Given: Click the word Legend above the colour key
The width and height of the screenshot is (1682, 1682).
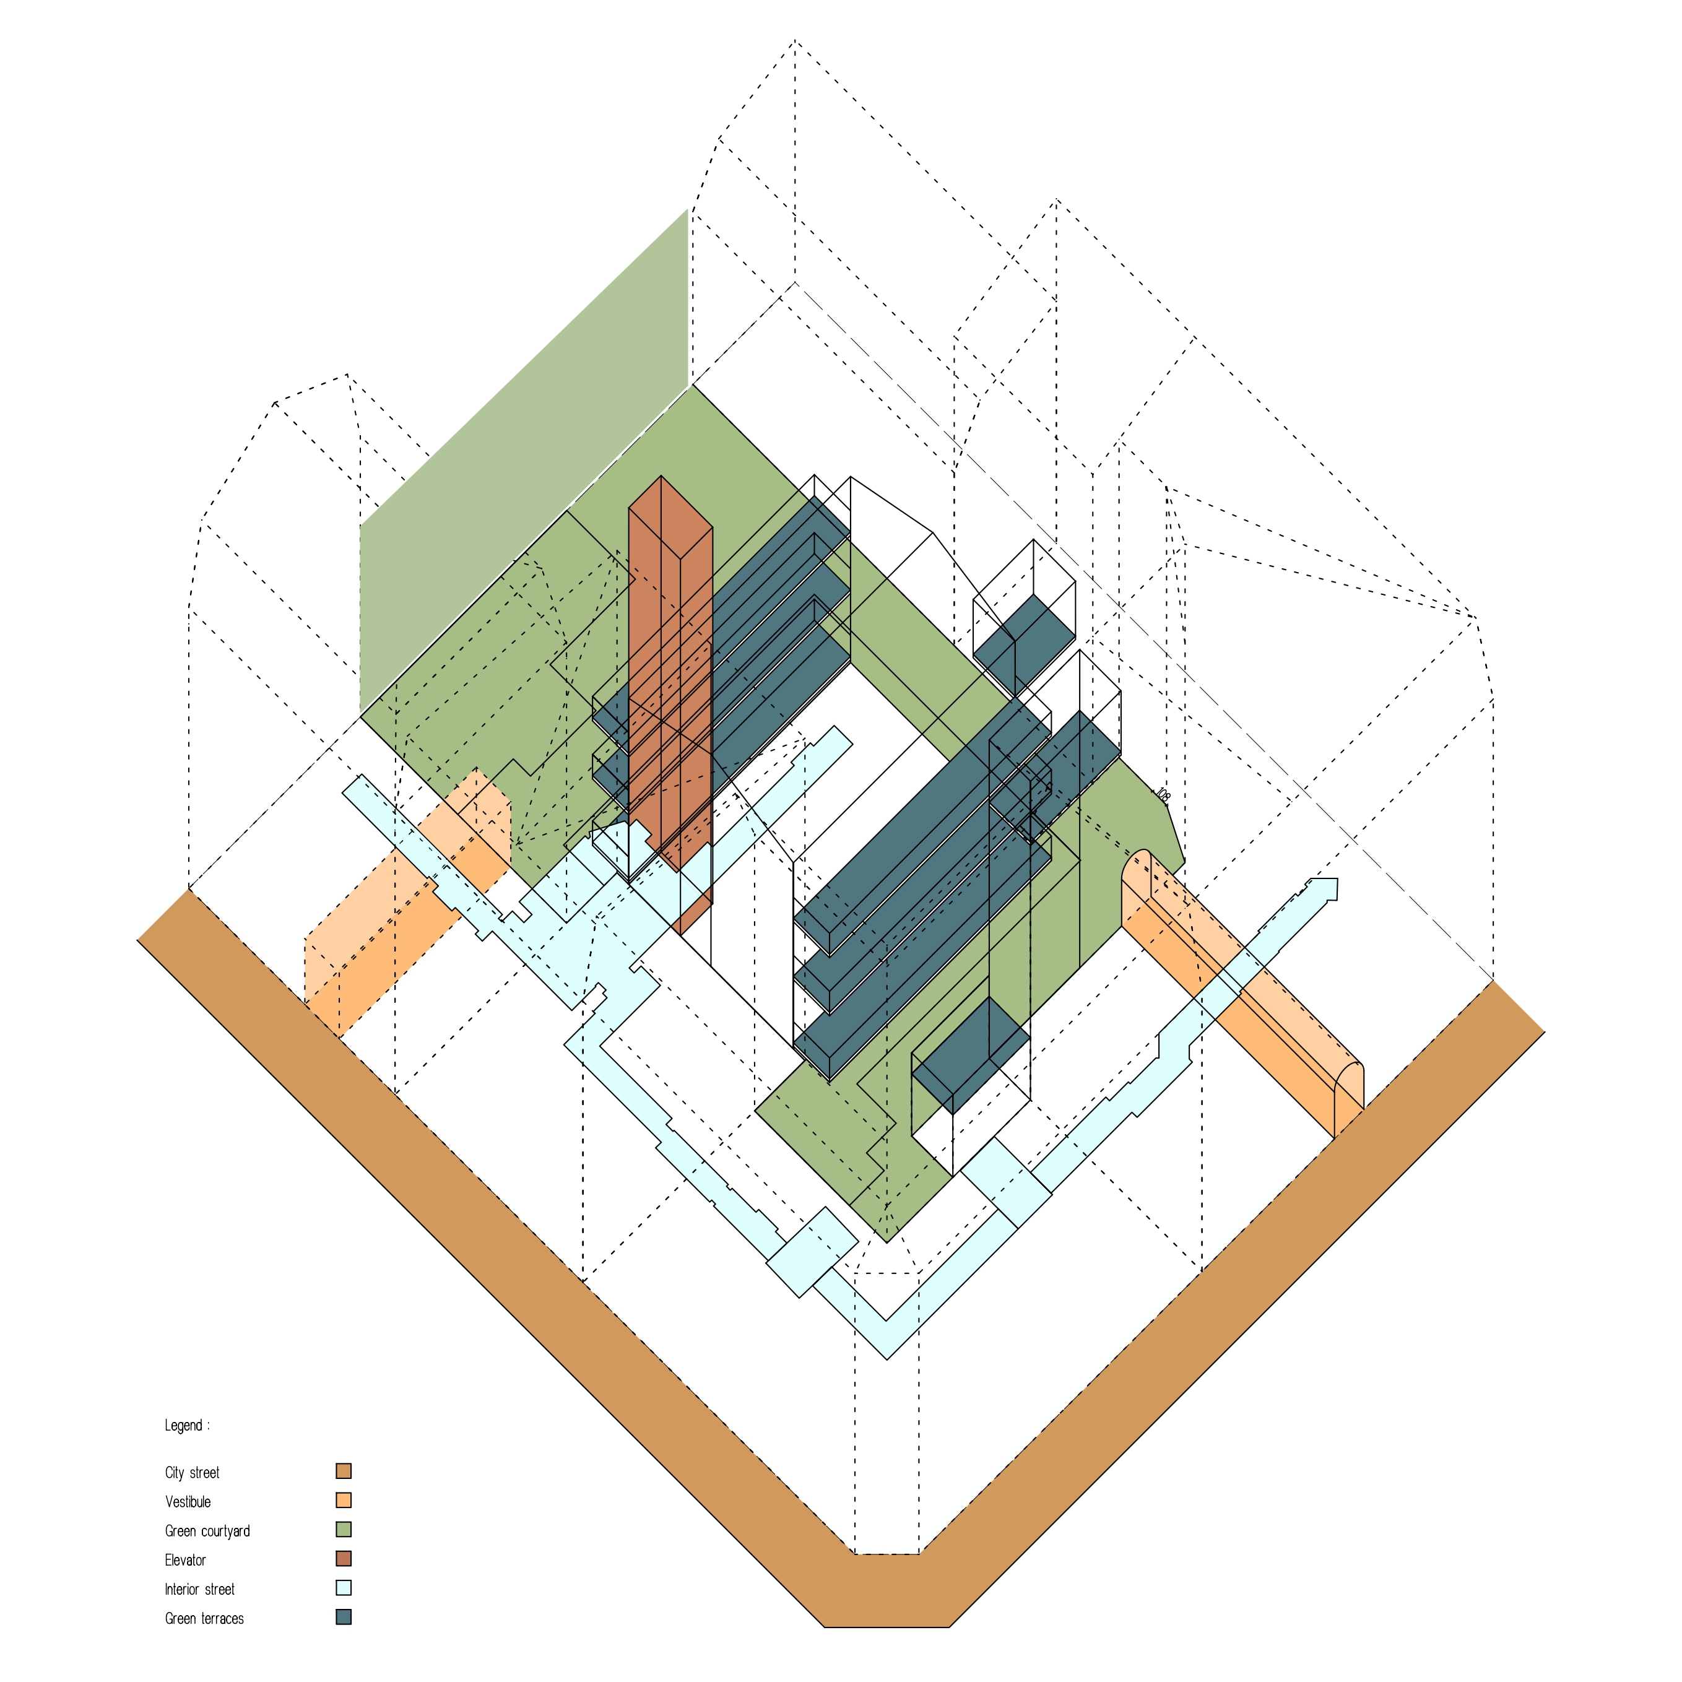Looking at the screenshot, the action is pyautogui.click(x=184, y=1425).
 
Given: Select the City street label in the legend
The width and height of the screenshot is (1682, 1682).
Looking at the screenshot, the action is pyautogui.click(x=193, y=1472).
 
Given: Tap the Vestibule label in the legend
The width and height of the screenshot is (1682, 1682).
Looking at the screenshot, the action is pyautogui.click(x=188, y=1502).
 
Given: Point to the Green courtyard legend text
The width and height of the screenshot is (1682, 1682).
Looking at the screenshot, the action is pyautogui.click(x=207, y=1532).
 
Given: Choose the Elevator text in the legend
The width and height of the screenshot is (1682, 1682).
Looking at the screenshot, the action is pyautogui.click(x=186, y=1560).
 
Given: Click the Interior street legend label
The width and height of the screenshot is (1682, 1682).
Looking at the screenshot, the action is pyautogui.click(x=199, y=1590).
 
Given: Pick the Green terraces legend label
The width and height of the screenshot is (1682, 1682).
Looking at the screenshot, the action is pyautogui.click(x=204, y=1618).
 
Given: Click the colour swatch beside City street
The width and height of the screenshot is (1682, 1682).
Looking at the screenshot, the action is pyautogui.click(x=344, y=1472).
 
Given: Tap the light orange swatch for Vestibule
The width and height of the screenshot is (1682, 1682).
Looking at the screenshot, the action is pyautogui.click(x=344, y=1500).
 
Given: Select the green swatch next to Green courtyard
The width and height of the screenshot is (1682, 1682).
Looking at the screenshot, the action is pyautogui.click(x=344, y=1530).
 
